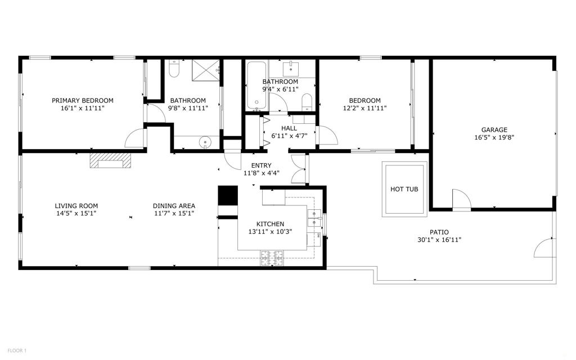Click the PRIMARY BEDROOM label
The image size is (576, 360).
click(x=83, y=101)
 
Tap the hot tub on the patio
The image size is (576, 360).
click(x=404, y=190)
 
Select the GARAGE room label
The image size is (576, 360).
click(x=494, y=129)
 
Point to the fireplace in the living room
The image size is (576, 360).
click(x=110, y=161)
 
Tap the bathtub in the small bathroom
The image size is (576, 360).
click(x=256, y=86)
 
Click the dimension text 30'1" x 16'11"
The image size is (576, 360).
click(x=439, y=240)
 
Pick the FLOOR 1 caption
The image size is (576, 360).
click(x=14, y=350)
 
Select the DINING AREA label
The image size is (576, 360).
click(x=174, y=206)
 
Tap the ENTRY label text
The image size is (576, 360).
click(x=261, y=165)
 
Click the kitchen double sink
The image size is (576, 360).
click(x=314, y=217)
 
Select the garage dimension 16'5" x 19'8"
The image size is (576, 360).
click(x=494, y=137)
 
